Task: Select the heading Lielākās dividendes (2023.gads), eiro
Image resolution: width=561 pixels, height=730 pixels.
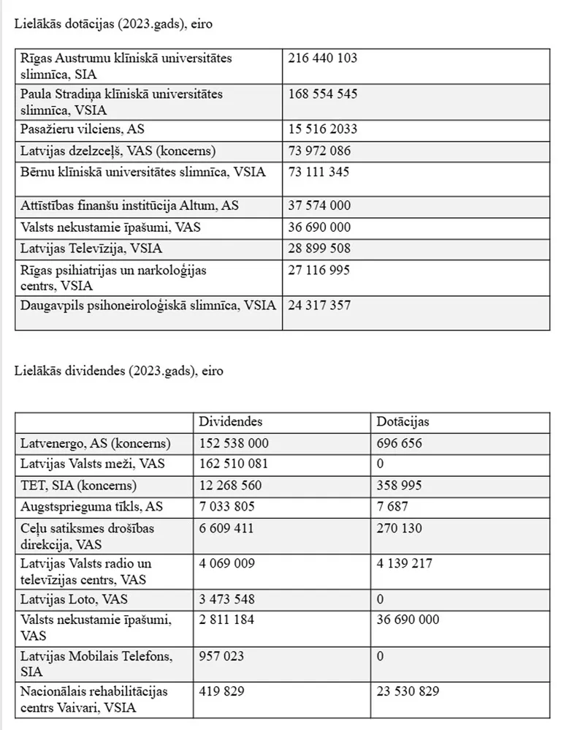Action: point(119,371)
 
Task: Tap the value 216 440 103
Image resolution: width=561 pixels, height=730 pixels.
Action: point(323,58)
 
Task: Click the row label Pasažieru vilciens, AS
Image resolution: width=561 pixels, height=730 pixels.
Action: point(83,129)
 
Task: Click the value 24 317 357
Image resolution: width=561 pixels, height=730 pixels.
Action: point(319,305)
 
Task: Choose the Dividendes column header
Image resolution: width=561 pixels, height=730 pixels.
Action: point(231,422)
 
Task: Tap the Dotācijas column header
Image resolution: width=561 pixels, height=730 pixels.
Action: point(402,422)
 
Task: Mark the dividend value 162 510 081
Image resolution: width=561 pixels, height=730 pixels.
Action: point(234,464)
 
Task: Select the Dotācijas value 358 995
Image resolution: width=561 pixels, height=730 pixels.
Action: point(399,485)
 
